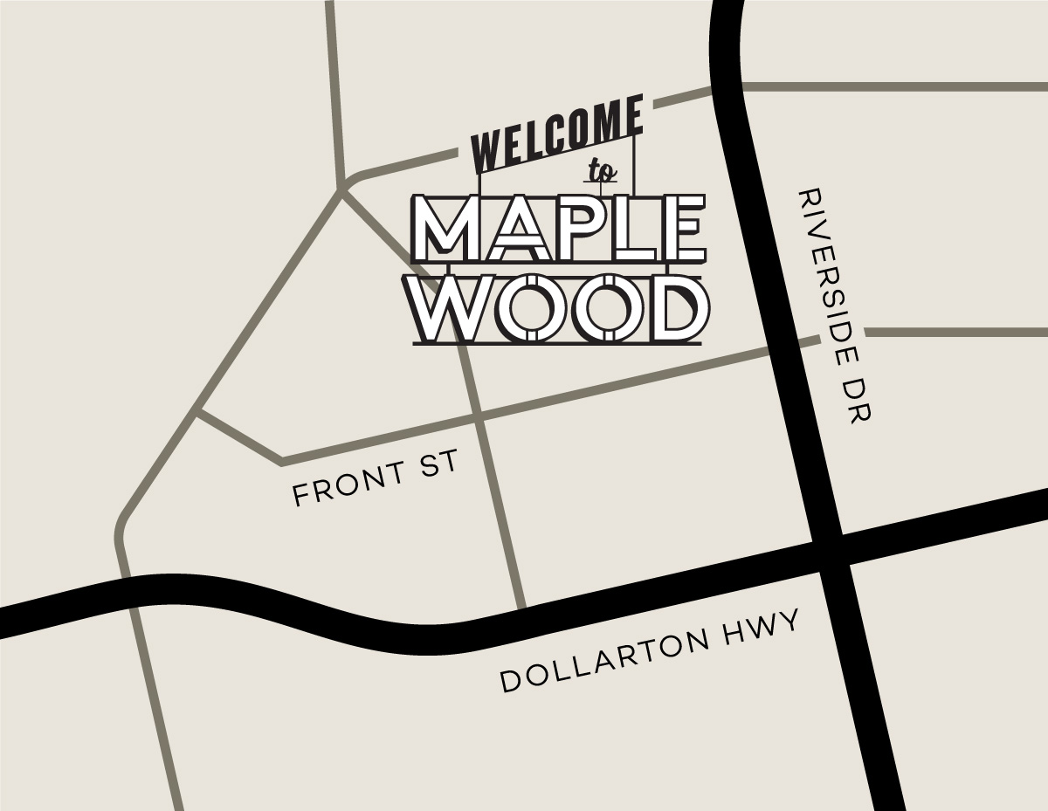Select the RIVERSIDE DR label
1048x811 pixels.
click(x=836, y=306)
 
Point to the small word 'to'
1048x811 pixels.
click(x=601, y=170)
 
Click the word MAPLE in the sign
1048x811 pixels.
click(x=557, y=229)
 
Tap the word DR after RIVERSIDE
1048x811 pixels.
click(x=860, y=401)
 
